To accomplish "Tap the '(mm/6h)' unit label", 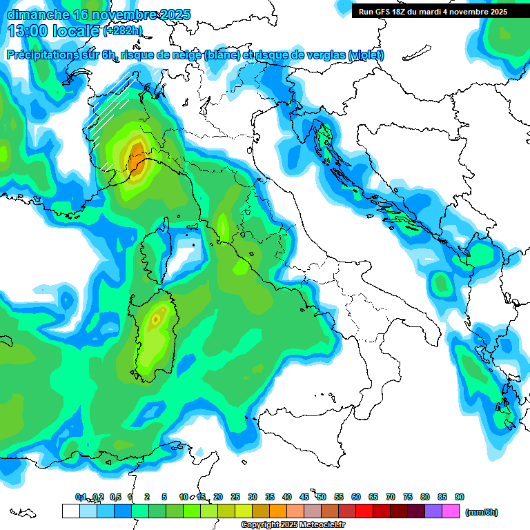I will (x=482, y=512).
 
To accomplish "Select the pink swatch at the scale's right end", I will (x=451, y=511).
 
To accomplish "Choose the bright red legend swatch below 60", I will (x=364, y=511).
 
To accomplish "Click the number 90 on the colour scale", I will (x=460, y=497).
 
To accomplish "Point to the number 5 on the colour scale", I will (x=164, y=497).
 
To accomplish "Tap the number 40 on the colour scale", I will (x=287, y=497).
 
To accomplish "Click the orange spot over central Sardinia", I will (x=156, y=319).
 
